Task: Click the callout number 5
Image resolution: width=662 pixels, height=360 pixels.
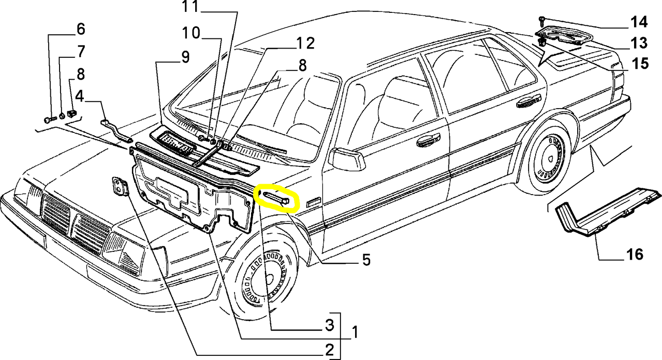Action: click(366, 261)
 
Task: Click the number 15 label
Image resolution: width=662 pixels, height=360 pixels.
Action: click(639, 63)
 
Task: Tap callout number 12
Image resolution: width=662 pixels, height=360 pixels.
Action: click(305, 44)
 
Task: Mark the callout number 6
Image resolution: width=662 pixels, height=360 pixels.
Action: click(80, 29)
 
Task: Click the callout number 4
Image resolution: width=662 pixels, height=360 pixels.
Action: click(79, 97)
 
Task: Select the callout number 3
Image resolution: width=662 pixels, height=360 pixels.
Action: click(329, 326)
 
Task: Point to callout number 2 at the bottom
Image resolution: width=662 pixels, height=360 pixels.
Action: click(329, 351)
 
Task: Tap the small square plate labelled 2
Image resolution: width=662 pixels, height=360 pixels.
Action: click(120, 187)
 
